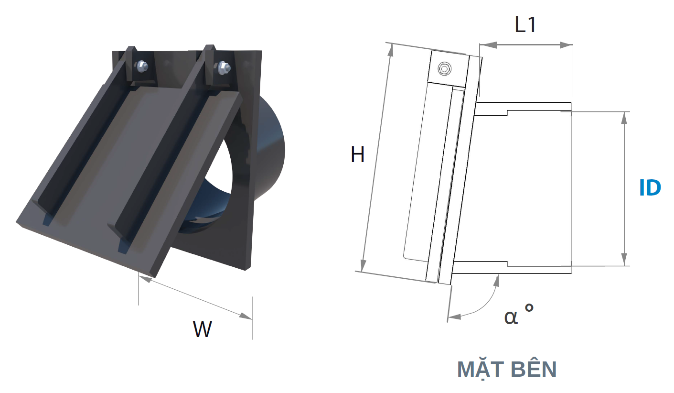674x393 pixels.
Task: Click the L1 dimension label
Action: coord(525,24)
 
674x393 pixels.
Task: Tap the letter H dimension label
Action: coord(357,154)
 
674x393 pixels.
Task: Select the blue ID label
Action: coord(650,188)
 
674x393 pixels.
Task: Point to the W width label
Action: coord(202,329)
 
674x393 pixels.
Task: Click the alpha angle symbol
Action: coord(511,317)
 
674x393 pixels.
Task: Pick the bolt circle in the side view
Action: coord(444,69)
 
